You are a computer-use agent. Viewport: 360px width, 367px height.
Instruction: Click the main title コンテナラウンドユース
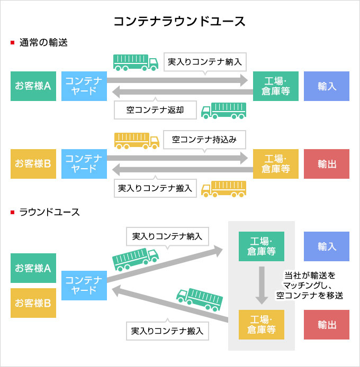180,21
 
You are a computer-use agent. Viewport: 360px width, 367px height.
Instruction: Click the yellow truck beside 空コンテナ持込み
136,140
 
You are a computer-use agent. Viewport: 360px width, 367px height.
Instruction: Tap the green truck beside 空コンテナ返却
224,110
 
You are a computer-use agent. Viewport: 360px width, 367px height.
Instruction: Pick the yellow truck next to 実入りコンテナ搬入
224,188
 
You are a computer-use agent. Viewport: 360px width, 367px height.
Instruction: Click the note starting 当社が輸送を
313,286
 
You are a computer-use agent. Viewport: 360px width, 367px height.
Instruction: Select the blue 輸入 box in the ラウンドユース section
327,247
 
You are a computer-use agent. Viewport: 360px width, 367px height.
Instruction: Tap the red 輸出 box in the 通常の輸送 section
327,164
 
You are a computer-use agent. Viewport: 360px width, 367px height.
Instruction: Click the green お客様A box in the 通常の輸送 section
33,86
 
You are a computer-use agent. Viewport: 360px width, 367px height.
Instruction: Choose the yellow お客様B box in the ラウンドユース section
33,303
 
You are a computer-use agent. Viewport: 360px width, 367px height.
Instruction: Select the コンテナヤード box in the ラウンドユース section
84,285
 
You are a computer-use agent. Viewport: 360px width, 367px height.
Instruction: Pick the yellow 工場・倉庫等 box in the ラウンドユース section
262,325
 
